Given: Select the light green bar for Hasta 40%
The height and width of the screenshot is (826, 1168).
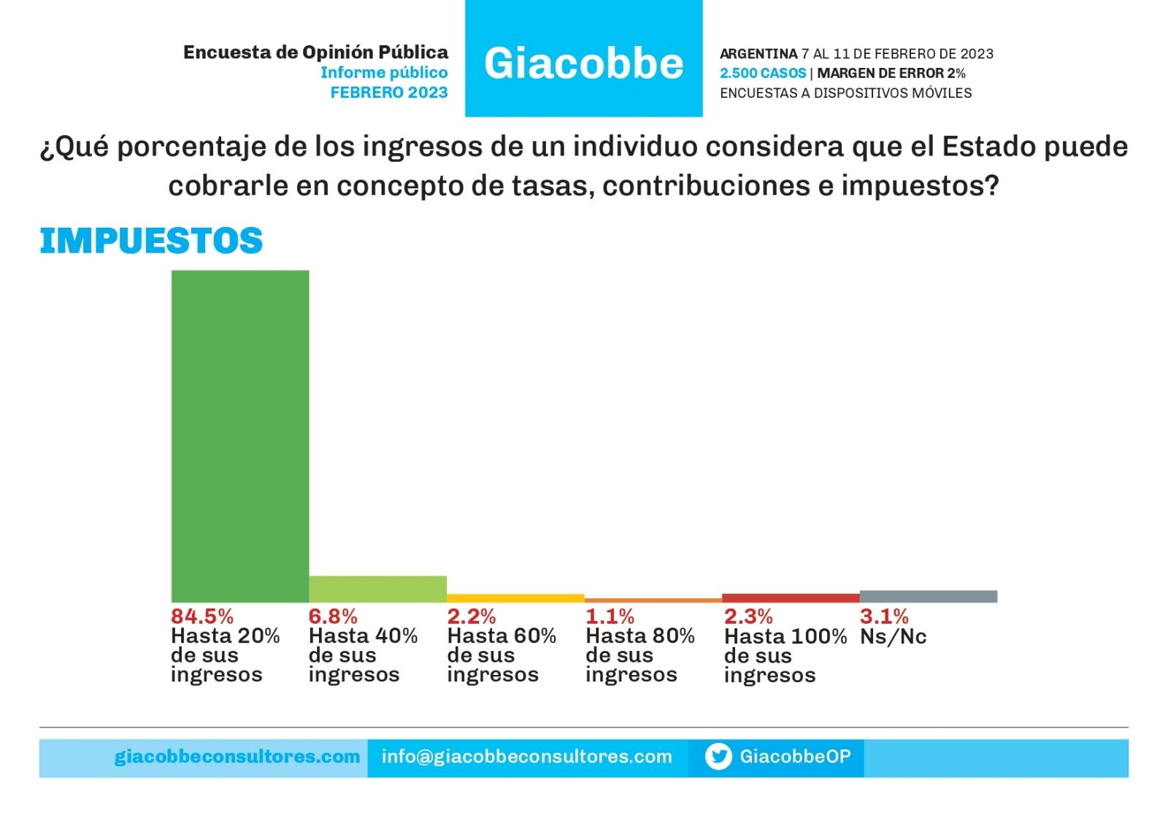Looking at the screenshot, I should [x=377, y=589].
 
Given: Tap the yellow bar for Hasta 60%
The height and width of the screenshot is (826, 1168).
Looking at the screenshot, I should [x=515, y=598].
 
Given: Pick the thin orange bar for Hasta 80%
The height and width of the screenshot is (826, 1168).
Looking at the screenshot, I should [x=653, y=601].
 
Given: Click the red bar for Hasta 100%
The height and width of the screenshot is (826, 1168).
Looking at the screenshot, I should [x=791, y=598].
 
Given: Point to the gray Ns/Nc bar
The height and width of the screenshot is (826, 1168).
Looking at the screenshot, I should [x=928, y=596].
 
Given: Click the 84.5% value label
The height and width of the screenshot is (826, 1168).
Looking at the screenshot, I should [x=202, y=617].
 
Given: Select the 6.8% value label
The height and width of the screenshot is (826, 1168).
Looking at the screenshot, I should [x=333, y=617].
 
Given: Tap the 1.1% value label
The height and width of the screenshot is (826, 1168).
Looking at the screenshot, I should [x=610, y=617].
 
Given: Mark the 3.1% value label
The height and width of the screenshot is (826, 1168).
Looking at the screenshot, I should [x=884, y=617].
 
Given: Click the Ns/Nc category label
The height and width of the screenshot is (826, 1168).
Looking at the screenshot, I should [x=893, y=636].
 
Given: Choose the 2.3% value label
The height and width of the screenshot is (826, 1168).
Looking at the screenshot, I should [x=748, y=617].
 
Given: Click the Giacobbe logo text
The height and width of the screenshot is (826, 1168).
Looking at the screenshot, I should [x=583, y=63].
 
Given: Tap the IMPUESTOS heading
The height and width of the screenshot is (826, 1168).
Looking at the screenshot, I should [x=151, y=242].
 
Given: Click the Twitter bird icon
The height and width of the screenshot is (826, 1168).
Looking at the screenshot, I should [x=718, y=757].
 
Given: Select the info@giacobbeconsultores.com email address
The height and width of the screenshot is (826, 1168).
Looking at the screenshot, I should [x=526, y=757].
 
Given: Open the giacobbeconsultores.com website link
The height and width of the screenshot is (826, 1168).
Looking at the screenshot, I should [x=237, y=757].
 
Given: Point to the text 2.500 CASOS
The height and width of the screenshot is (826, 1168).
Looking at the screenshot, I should [x=763, y=73].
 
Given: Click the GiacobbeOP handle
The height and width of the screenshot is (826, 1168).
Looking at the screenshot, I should [x=795, y=757].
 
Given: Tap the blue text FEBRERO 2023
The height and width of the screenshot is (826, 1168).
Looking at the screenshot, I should [x=388, y=93].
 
